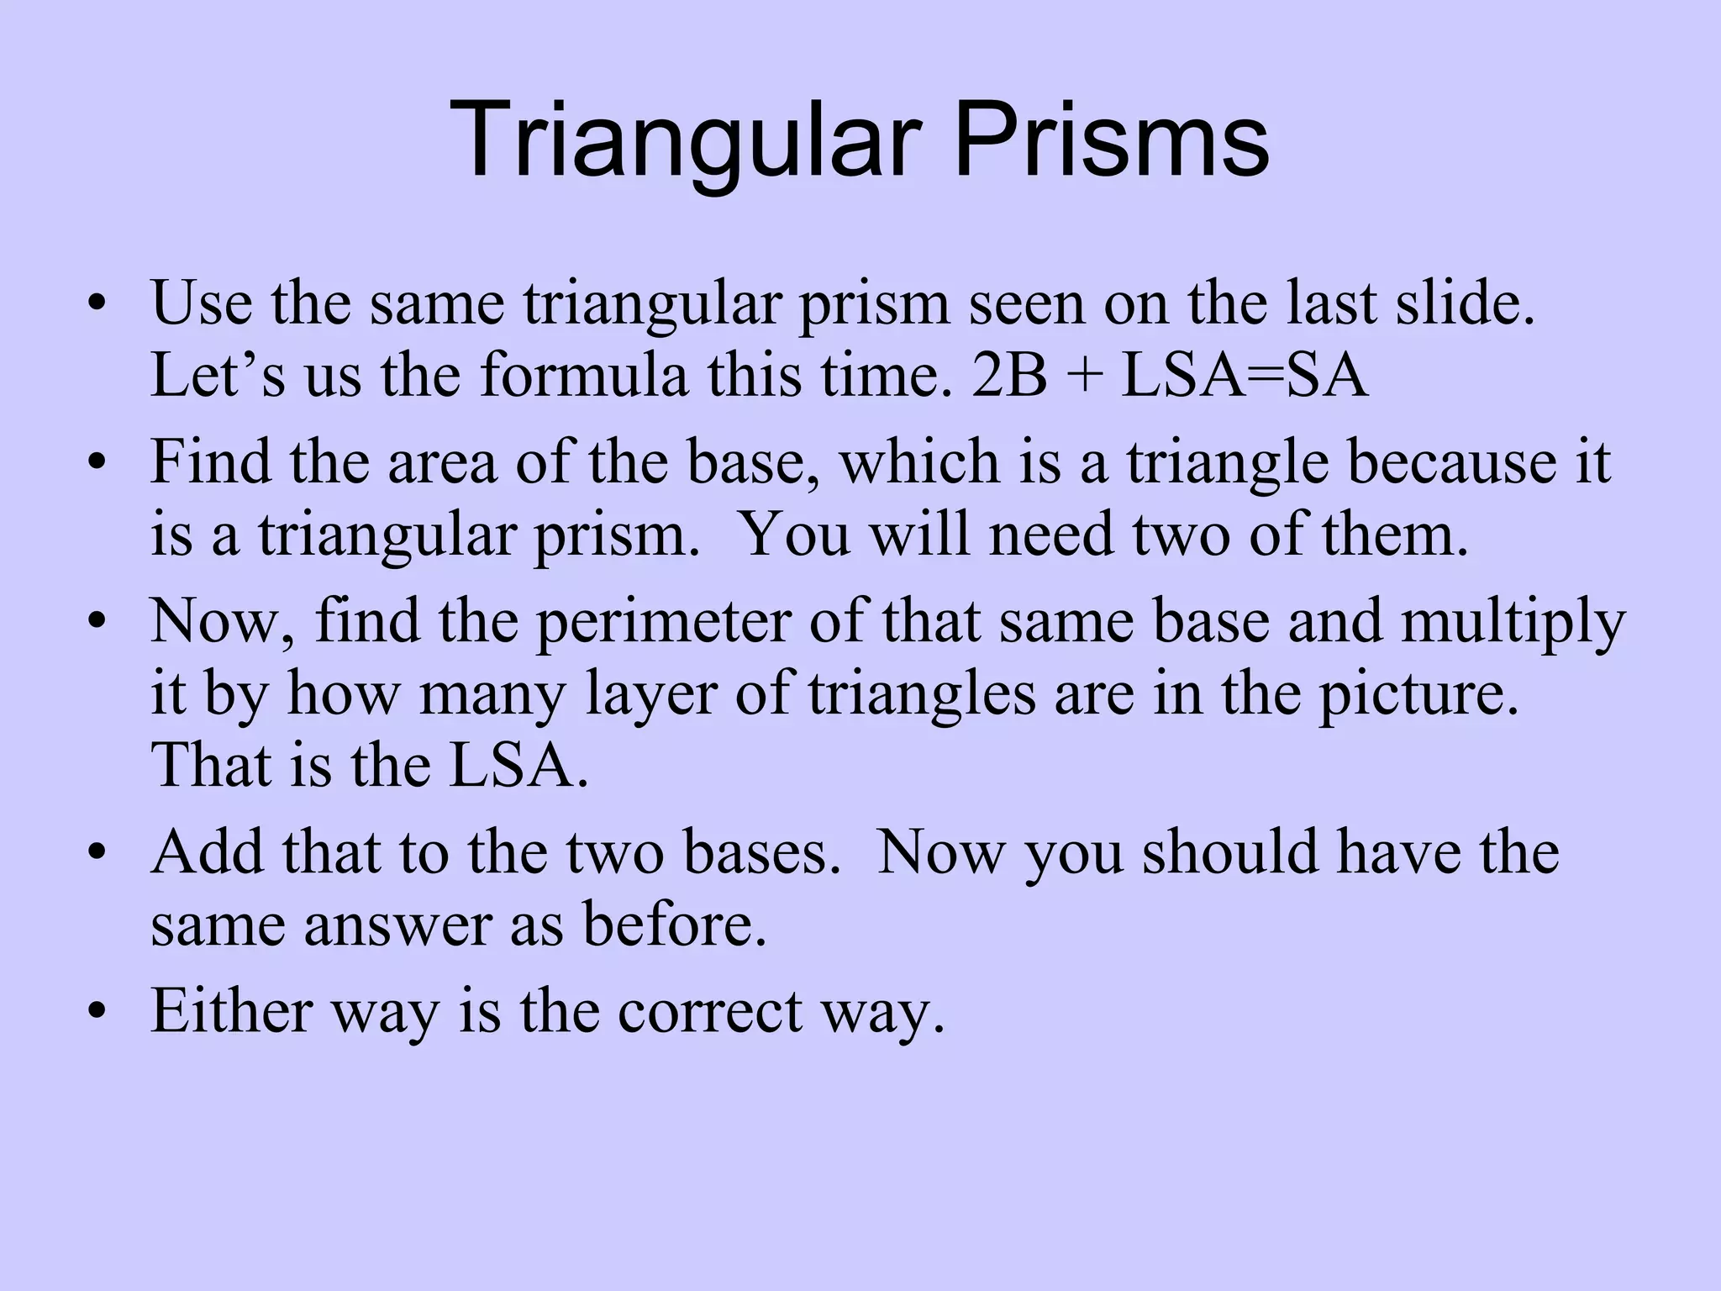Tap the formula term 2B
(1009, 376)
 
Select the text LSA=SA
(1245, 376)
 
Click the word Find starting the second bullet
(211, 461)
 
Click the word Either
(232, 1011)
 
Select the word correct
(711, 1011)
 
